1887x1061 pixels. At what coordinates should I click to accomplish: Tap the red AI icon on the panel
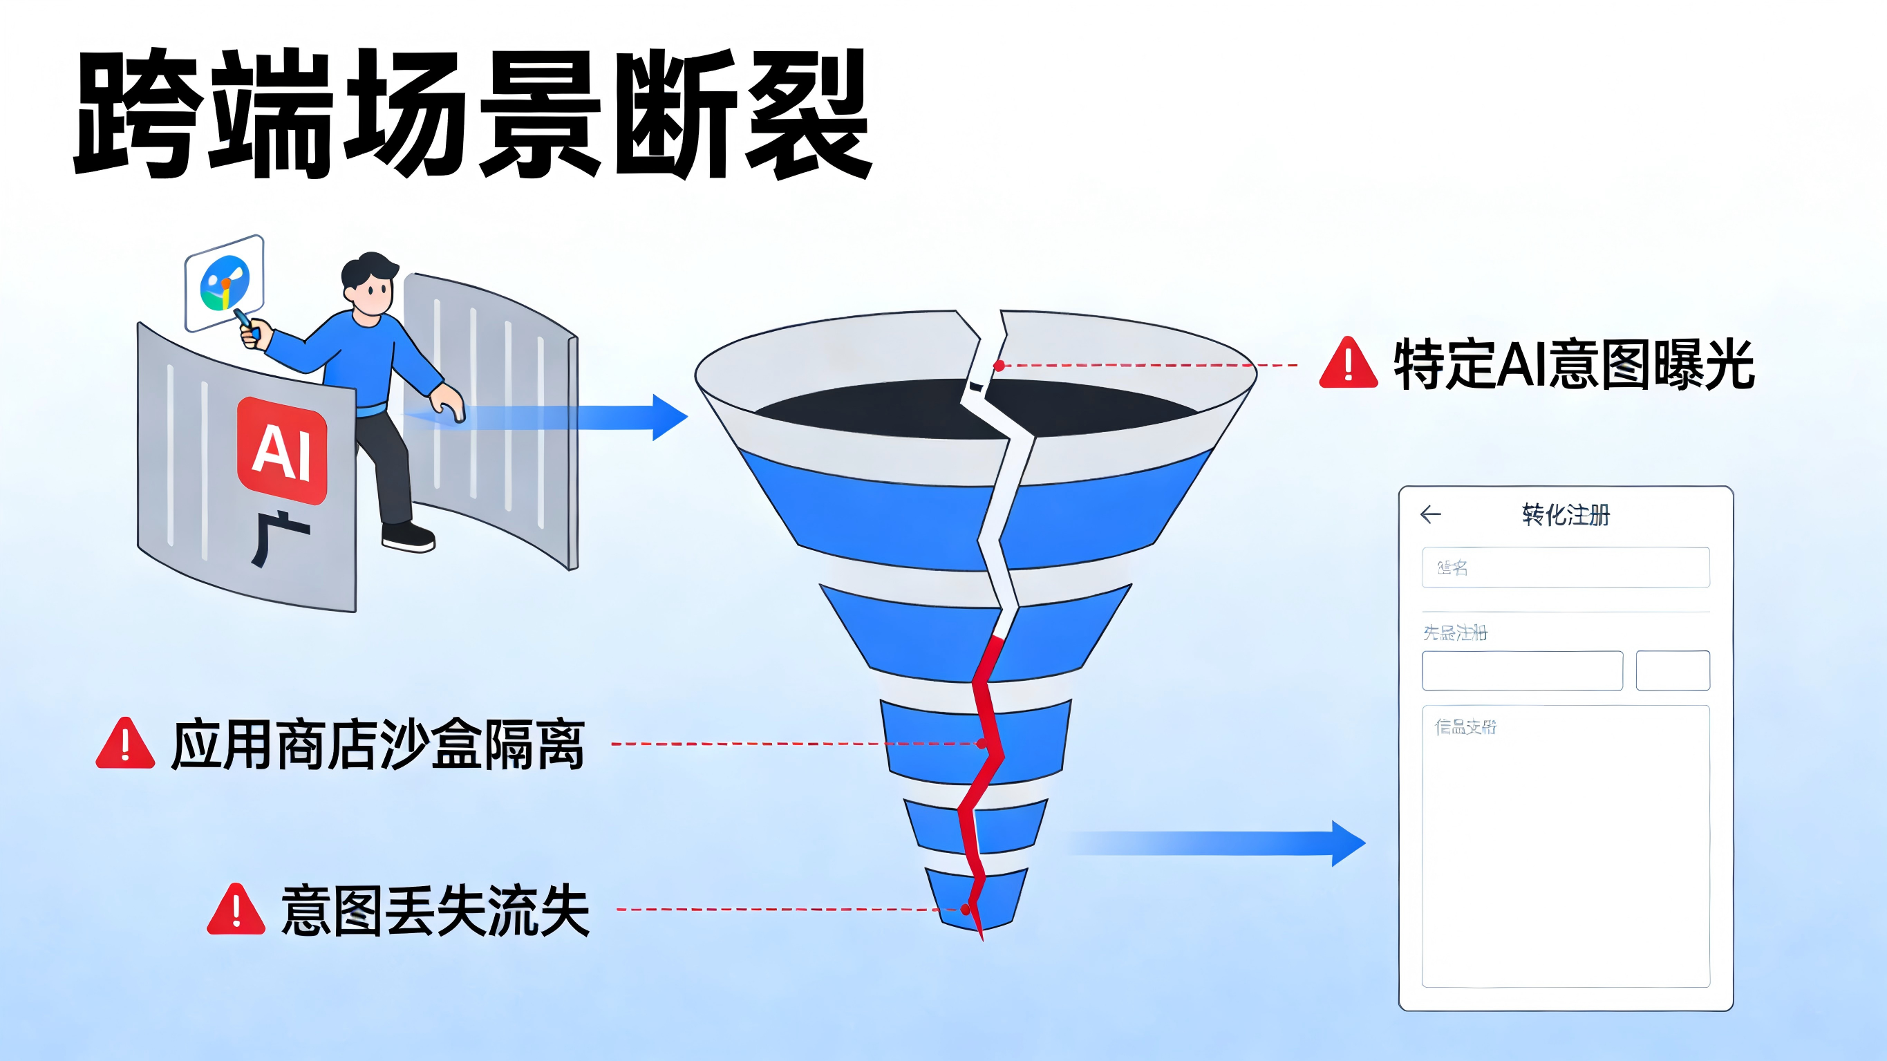pos(282,451)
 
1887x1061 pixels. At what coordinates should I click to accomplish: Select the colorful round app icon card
pos(224,283)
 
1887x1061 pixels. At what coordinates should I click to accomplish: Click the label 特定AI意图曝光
pos(1573,364)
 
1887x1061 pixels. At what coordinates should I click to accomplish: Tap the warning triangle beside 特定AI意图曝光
pos(1348,363)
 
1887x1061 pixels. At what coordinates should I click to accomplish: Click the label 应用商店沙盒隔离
pos(377,744)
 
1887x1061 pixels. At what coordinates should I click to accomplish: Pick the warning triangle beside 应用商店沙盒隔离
pos(125,743)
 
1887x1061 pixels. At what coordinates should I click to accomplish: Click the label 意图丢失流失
pos(436,910)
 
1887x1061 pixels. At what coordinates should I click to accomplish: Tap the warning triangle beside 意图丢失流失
pos(236,910)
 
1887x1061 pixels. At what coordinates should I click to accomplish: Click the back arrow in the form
pos(1430,514)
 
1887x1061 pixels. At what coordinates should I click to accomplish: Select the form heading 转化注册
pos(1566,514)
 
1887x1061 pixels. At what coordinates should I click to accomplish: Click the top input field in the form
pos(1566,567)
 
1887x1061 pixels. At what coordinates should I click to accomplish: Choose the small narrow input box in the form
pos(1672,670)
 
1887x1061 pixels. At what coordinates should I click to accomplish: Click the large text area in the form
pos(1566,846)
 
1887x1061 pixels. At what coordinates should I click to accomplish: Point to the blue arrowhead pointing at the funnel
pos(668,417)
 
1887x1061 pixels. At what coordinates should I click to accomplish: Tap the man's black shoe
pos(408,536)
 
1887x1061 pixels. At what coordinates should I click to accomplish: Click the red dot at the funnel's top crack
pos(999,365)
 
